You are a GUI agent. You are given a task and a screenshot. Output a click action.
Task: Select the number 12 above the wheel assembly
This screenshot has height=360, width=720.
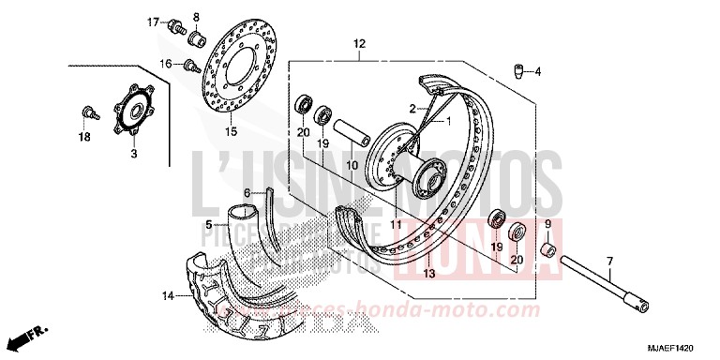[359, 44]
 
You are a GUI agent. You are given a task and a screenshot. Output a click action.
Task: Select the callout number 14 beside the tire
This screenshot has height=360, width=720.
[169, 296]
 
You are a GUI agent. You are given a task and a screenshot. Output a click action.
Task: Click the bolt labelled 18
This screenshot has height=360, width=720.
[89, 112]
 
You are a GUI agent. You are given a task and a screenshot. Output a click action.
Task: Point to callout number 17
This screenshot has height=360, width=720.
[152, 21]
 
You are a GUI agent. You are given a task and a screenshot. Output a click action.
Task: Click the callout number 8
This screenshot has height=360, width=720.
[196, 18]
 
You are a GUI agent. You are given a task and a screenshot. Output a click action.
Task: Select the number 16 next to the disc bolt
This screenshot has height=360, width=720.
[166, 64]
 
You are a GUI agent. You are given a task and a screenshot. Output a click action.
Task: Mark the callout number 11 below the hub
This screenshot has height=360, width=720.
[396, 225]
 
